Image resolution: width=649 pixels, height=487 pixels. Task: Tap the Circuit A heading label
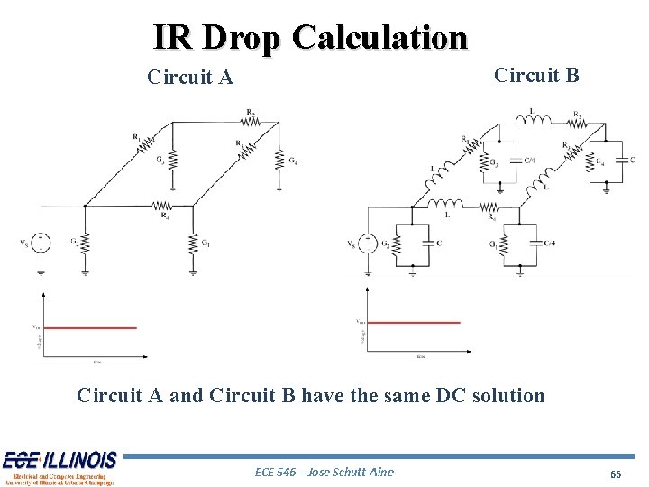point(190,78)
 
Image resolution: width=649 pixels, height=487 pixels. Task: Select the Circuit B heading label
point(537,75)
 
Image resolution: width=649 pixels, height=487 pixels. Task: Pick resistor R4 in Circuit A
point(163,206)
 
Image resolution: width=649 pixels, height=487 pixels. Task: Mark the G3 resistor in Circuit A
point(169,162)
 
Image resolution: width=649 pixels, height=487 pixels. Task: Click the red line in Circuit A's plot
point(90,328)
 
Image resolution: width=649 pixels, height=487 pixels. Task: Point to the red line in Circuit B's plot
point(415,322)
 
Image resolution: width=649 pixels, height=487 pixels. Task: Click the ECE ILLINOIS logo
point(59,467)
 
